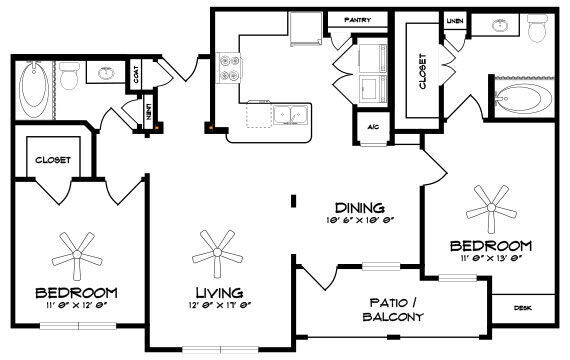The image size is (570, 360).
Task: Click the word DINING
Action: click(x=354, y=201)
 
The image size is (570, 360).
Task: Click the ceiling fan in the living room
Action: click(x=214, y=247)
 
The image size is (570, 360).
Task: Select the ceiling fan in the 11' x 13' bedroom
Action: click(x=493, y=206)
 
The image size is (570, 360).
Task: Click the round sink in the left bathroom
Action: click(x=104, y=72)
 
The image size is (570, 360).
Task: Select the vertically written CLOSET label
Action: click(x=423, y=71)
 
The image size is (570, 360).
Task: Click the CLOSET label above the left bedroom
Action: click(x=51, y=158)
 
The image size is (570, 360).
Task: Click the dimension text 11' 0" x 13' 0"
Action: click(x=489, y=260)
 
